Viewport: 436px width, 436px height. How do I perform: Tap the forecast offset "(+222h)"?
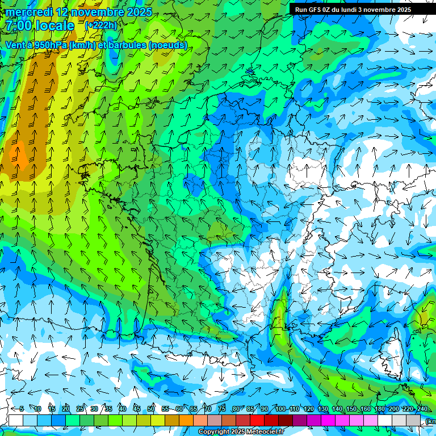click(x=100, y=26)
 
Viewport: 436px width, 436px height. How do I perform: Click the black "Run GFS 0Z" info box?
click(x=358, y=9)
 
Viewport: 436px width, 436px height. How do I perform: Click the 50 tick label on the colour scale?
click(x=151, y=409)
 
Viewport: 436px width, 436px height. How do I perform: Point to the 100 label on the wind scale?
click(x=280, y=409)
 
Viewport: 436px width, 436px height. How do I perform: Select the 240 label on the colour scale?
click(x=422, y=409)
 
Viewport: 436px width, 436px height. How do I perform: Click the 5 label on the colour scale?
click(x=22, y=409)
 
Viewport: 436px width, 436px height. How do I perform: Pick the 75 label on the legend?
click(x=222, y=409)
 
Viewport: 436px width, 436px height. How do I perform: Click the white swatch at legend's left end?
click(x=16, y=420)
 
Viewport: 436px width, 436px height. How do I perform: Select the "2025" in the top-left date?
click(x=139, y=12)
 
